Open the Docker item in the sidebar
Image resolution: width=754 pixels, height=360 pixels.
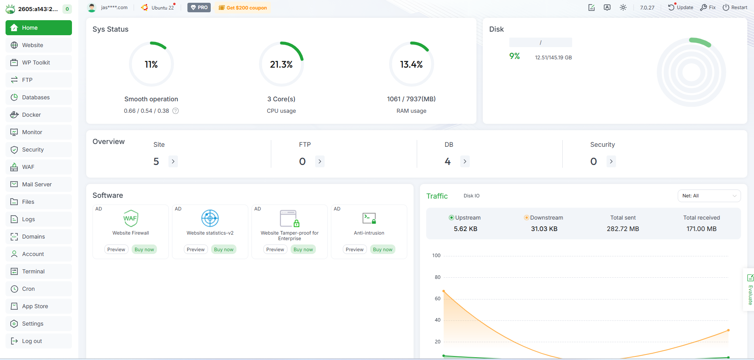(31, 115)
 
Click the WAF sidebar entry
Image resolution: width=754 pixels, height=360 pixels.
(28, 167)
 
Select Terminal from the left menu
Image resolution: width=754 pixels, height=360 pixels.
(33, 271)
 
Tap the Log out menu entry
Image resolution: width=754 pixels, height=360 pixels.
(32, 341)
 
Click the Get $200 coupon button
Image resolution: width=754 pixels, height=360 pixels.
(243, 8)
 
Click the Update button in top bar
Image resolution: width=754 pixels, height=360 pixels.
(681, 8)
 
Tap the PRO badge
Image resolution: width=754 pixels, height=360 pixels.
(199, 8)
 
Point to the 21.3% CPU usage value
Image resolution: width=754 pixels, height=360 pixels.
(281, 64)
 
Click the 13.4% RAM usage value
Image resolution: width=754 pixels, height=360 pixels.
(411, 64)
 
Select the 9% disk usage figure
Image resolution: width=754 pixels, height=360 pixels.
(514, 56)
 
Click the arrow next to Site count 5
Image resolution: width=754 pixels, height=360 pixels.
(173, 161)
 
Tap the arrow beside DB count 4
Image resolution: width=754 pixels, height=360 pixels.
(465, 161)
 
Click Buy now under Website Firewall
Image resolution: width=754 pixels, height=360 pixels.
(144, 250)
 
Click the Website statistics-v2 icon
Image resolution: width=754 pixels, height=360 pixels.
(210, 218)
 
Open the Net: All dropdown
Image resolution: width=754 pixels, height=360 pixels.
(709, 196)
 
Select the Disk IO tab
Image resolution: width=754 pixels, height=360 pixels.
(471, 196)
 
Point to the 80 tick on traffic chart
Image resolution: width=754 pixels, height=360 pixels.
(437, 277)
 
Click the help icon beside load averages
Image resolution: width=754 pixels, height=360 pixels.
(176, 111)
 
